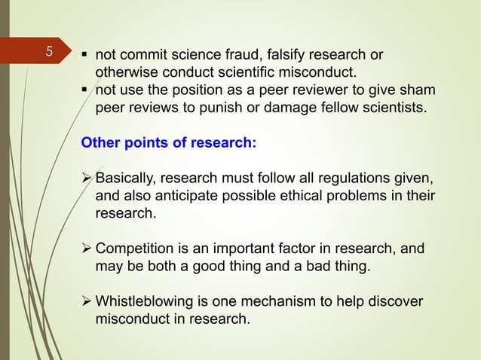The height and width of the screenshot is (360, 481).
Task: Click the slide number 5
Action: (x=49, y=53)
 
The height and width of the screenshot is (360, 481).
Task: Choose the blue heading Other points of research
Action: (x=168, y=143)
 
